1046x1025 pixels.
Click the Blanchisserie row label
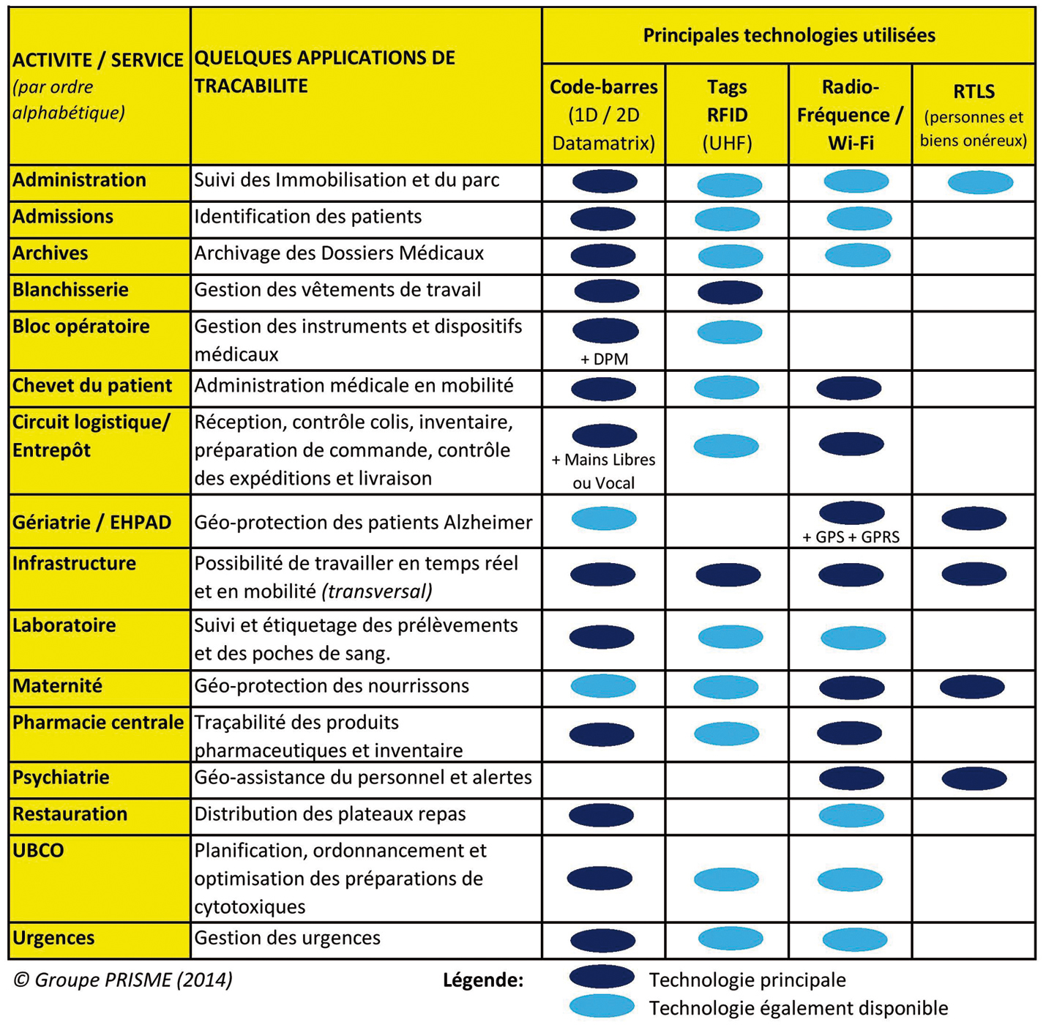[70, 290]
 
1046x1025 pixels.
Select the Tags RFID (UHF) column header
[727, 115]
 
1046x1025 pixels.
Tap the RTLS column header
[974, 115]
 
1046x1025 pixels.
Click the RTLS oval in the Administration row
[980, 182]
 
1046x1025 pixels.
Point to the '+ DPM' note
[604, 359]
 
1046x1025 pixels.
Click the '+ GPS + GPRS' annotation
[851, 537]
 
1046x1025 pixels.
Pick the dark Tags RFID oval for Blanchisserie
[730, 293]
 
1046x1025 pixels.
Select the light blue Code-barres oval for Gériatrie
[604, 519]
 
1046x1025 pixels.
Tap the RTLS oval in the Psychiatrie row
[974, 778]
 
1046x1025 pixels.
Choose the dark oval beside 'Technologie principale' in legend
[602, 977]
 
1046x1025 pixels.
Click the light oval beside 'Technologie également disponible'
[602, 1007]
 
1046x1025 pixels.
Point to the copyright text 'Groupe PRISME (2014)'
[123, 980]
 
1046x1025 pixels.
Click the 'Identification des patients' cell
[307, 217]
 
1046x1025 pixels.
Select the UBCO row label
[38, 851]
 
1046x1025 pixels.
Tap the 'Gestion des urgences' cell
[287, 939]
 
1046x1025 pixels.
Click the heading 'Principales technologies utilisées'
[788, 35]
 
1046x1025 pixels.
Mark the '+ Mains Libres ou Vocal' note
[603, 471]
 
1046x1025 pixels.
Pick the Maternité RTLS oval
[971, 687]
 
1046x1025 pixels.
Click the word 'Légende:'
[483, 980]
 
